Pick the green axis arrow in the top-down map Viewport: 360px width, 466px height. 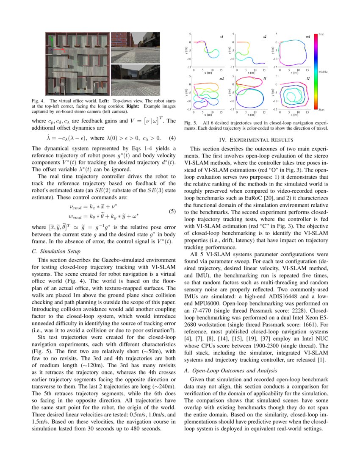tap(51, 41)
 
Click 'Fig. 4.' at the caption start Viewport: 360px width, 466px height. tap(38, 101)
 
